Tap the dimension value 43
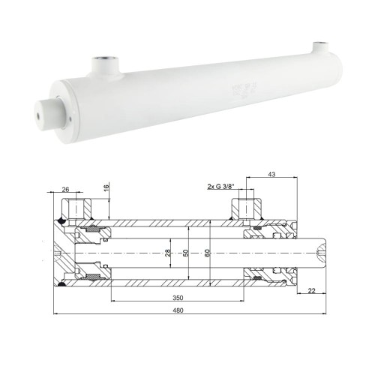point(271,176)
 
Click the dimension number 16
point(107,187)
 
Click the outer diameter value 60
point(208,252)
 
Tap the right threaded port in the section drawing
point(247,206)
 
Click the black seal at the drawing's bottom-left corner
point(61,286)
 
